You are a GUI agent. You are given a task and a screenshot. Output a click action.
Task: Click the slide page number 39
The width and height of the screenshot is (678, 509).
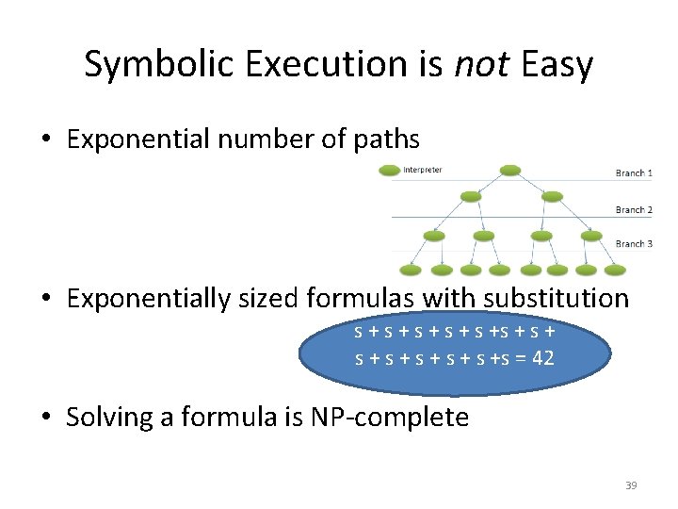point(631,485)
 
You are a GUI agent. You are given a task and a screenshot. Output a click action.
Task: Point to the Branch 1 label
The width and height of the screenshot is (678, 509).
point(634,173)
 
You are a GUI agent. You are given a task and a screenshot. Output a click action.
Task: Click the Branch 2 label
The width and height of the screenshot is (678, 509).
point(634,210)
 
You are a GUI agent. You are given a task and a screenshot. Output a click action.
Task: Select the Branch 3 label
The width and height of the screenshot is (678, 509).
point(634,244)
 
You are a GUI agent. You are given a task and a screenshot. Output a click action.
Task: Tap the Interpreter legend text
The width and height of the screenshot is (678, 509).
point(423,171)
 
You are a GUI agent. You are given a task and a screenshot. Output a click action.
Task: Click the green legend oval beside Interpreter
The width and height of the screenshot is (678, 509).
point(389,171)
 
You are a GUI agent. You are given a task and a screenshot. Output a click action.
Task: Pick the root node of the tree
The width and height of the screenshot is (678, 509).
point(510,171)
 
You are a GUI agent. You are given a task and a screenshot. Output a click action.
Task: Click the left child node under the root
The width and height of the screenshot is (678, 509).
point(469,197)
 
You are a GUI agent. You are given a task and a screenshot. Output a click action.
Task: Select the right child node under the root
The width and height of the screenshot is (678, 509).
point(553,197)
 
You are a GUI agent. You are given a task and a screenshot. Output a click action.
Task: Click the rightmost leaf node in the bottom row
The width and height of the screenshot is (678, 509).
point(614,271)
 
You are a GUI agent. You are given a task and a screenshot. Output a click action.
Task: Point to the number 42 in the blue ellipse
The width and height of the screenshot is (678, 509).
point(541,358)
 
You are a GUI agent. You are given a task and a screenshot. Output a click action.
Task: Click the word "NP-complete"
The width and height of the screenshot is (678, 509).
point(389,417)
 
